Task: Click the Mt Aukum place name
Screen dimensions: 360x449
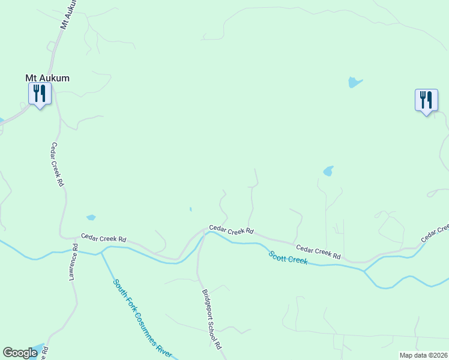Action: [x=47, y=78]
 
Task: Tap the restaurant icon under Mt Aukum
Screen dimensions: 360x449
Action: [x=40, y=94]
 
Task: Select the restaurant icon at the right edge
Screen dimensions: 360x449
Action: [x=426, y=100]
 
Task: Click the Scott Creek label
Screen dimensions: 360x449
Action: [x=288, y=257]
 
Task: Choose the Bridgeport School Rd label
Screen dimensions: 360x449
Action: [x=211, y=320]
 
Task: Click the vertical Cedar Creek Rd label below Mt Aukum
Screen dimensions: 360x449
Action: [x=57, y=165]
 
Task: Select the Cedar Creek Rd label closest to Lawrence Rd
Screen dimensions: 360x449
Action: [x=103, y=238]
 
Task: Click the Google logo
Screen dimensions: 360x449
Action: [x=20, y=353]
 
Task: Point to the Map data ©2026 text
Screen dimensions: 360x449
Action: [x=423, y=355]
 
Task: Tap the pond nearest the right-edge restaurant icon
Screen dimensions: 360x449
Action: [x=355, y=83]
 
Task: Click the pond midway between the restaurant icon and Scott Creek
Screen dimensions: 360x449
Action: [x=328, y=172]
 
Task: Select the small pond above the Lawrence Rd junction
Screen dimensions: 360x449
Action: [x=91, y=217]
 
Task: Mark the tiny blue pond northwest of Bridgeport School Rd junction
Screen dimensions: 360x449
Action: [x=190, y=209]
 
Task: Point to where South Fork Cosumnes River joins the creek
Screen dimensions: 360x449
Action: [x=101, y=253]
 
